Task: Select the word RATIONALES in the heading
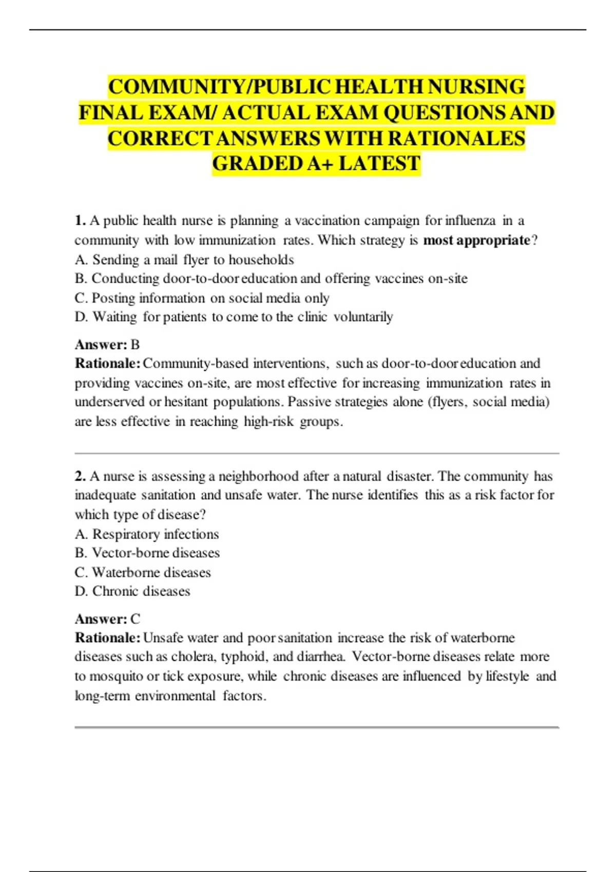[456, 138]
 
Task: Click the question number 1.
[80, 221]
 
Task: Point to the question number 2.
[80, 476]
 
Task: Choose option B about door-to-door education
[271, 279]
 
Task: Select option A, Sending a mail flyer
[184, 260]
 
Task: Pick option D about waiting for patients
[234, 317]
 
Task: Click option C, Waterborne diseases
[143, 572]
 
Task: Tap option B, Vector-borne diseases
[147, 553]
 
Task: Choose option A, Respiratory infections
[147, 534]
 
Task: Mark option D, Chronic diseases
[132, 591]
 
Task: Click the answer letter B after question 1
[135, 344]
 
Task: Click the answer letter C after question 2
[135, 619]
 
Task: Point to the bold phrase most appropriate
[477, 240]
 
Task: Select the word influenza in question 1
[470, 221]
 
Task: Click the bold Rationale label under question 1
[107, 363]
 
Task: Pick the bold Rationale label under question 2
[107, 638]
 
